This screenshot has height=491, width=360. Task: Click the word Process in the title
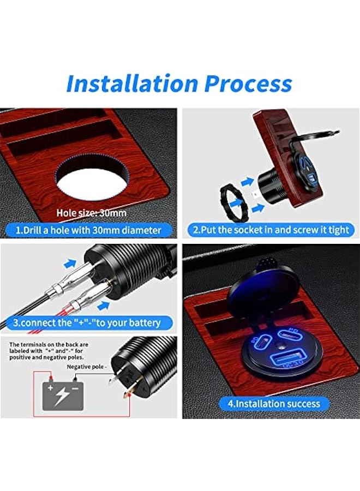[x=248, y=83]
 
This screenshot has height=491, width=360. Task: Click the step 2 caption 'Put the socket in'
[x=270, y=230]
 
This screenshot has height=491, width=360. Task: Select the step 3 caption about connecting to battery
[x=87, y=322]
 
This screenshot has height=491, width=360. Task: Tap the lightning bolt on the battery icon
[x=61, y=396]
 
